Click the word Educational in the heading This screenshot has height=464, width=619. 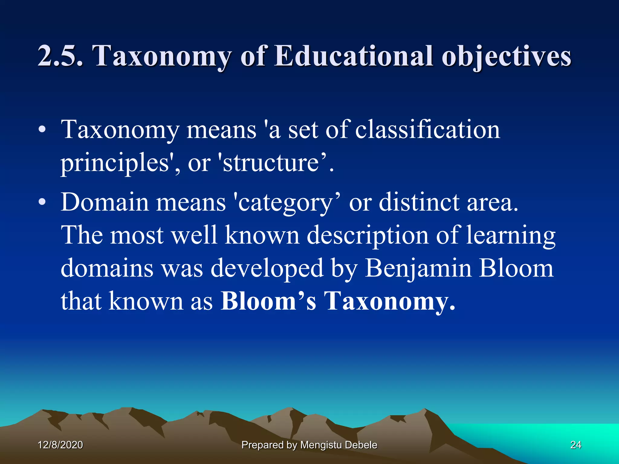(x=354, y=56)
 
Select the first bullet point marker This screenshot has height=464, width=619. (x=42, y=130)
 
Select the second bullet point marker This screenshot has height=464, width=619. (x=42, y=202)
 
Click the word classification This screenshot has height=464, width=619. (x=427, y=130)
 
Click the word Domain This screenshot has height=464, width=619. (x=104, y=202)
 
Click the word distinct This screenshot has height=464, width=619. (x=419, y=202)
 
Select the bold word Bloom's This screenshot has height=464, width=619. (x=268, y=301)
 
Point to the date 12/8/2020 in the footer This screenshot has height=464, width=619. (x=60, y=445)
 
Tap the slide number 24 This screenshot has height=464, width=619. (x=575, y=445)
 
